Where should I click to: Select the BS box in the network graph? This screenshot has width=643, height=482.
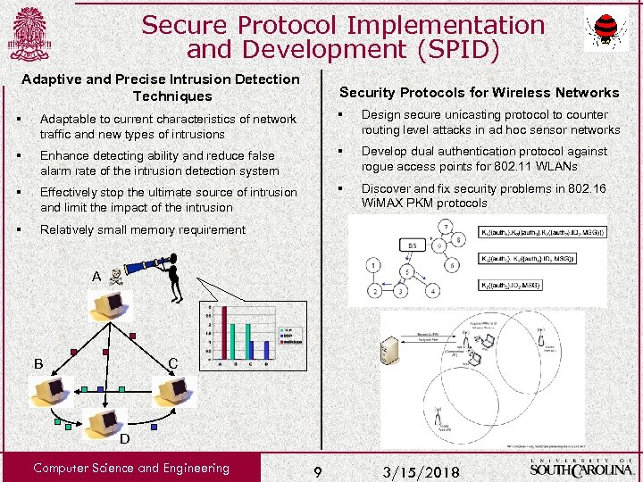412,245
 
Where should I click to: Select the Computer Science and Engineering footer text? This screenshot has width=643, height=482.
130,468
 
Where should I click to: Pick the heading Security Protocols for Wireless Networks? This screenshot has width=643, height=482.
479,93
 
